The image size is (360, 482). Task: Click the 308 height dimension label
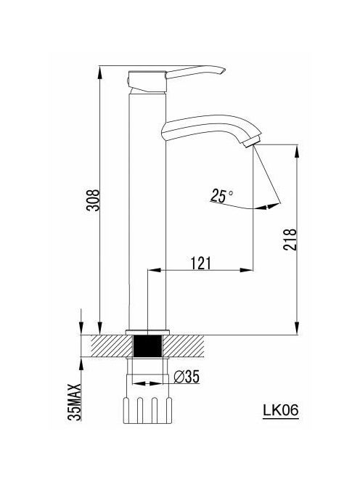coord(92,200)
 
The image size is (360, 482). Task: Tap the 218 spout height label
coord(290,240)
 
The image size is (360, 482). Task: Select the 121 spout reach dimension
coord(201,263)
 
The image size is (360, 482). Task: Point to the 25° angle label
coord(222,196)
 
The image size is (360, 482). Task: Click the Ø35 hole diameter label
coord(187,377)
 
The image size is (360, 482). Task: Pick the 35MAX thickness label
coord(75,402)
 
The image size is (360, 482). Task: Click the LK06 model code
coord(280,409)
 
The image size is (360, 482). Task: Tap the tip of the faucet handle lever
coord(225,70)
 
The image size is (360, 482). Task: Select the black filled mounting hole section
coord(147,346)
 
